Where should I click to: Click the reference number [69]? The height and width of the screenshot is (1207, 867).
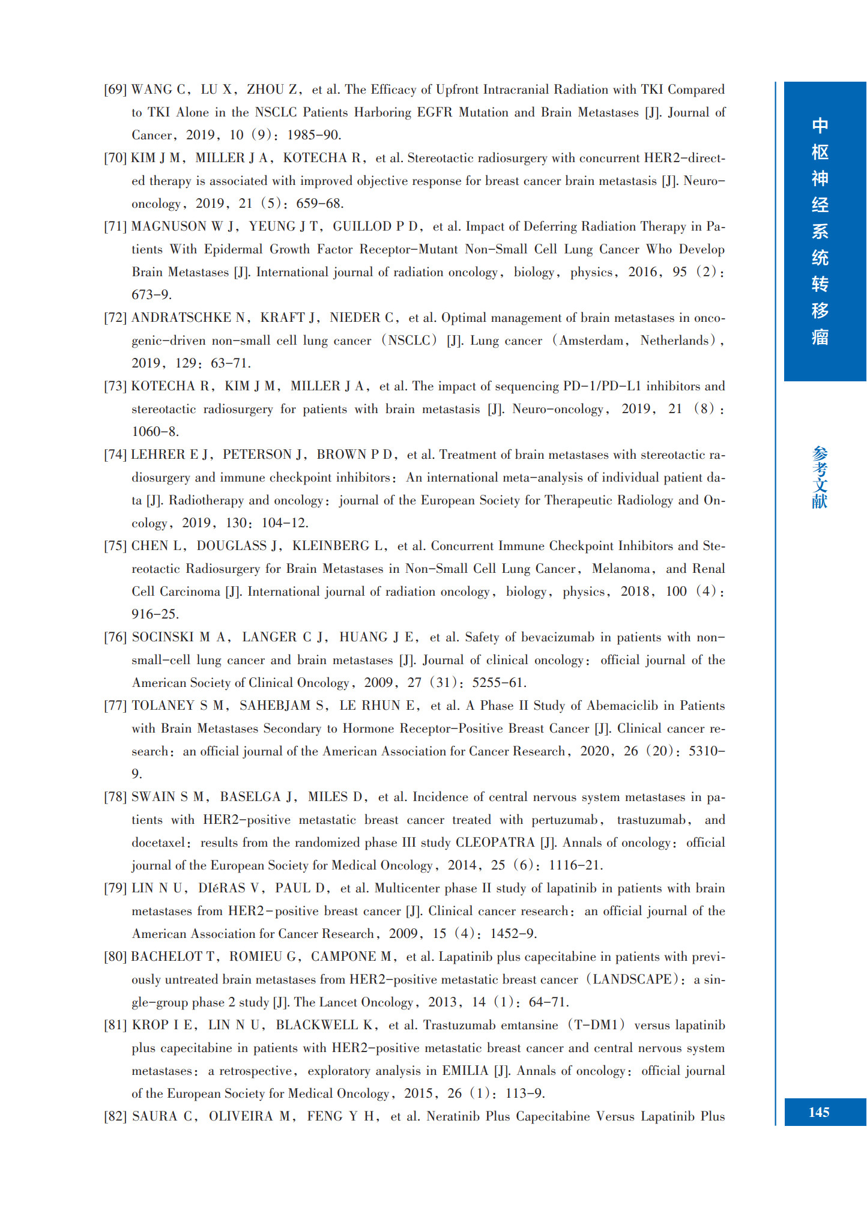coord(115,90)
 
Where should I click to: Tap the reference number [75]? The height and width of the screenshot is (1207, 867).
coord(115,546)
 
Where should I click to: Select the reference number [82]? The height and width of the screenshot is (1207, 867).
coord(115,1117)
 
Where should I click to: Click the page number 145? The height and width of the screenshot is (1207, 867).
coord(819,1113)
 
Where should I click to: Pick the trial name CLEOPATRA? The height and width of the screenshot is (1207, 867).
coord(495,843)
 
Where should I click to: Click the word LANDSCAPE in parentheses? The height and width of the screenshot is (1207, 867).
coord(632,980)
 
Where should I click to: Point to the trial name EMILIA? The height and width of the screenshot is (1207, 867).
coord(465,1071)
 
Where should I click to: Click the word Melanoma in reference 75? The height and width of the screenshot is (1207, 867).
coord(620,569)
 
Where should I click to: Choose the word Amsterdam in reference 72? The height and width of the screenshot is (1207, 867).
coord(591,341)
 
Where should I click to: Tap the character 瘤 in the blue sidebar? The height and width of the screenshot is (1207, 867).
coord(820,337)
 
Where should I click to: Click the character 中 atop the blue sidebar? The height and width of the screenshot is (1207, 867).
coord(820,126)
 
